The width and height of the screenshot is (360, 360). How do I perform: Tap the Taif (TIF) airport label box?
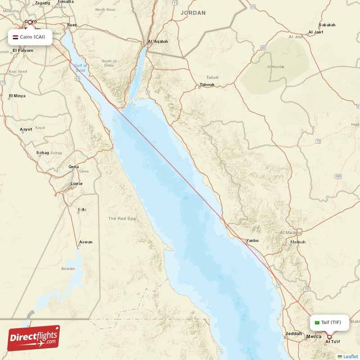pyautogui.click(x=329, y=322)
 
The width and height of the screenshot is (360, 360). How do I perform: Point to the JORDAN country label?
pyautogui.click(x=193, y=13)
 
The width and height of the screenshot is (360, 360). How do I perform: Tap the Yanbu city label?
pyautogui.click(x=252, y=241)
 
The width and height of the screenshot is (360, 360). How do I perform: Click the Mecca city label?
pyautogui.click(x=314, y=337)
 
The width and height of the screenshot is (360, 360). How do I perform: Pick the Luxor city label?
pyautogui.click(x=76, y=184)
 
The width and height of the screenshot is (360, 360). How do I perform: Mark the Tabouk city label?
pyautogui.click(x=207, y=85)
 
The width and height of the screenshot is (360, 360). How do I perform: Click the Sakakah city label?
pyautogui.click(x=327, y=25)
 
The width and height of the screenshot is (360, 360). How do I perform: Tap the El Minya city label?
pyautogui.click(x=17, y=96)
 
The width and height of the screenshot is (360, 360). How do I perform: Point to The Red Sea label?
pyautogui.click(x=121, y=219)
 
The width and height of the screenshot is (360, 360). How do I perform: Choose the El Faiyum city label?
pyautogui.click(x=22, y=50)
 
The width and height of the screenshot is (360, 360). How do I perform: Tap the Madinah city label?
pyautogui.click(x=297, y=242)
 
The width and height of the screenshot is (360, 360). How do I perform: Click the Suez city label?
pyautogui.click(x=72, y=25)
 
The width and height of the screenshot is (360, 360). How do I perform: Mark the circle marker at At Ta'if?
pyautogui.click(x=329, y=337)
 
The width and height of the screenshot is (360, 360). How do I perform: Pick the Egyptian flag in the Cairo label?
pyautogui.click(x=15, y=37)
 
